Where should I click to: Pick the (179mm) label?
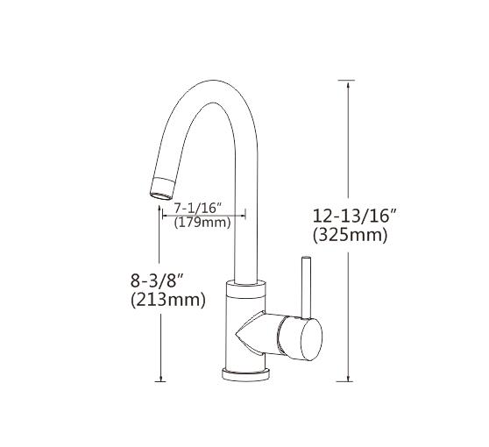click(x=202, y=223)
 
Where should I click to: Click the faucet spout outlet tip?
click(x=161, y=187)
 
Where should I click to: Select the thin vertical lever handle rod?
click(x=307, y=285)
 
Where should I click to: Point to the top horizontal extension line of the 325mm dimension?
click(x=347, y=80)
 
